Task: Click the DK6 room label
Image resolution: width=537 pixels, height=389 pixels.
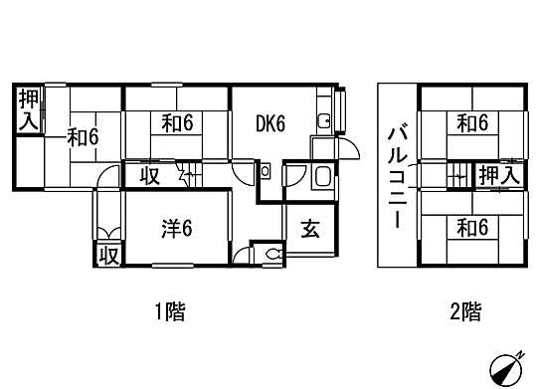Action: pos(269,124)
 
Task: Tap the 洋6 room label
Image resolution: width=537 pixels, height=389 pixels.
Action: pos(176,228)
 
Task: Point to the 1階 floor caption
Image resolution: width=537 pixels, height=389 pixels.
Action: pos(169,312)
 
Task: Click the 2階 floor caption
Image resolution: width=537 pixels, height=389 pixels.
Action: pos(465,312)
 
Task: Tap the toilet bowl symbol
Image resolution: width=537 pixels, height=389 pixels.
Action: pos(272,255)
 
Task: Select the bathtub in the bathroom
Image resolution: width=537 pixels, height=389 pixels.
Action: pos(323,178)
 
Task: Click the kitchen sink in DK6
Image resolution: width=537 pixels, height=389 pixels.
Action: pos(324,122)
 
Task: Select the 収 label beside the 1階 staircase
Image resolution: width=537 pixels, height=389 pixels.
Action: pos(149,177)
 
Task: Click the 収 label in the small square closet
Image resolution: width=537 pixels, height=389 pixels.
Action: pos(108,255)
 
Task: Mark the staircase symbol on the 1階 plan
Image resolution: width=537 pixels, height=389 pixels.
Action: pos(187,176)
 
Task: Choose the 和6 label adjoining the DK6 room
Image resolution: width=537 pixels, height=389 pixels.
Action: pos(176,124)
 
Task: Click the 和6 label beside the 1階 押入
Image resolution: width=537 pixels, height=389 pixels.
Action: pos(83,137)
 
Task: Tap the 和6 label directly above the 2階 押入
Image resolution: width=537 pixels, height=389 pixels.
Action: pos(472,124)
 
